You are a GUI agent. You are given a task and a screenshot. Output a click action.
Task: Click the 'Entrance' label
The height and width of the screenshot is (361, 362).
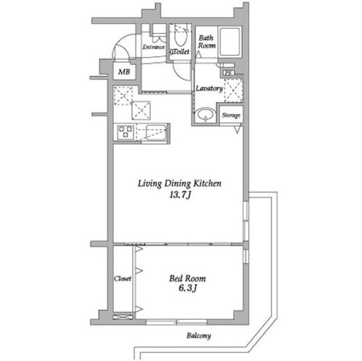[x=153, y=47]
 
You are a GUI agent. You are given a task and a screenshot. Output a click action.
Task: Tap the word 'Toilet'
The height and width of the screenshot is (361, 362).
[x=180, y=51]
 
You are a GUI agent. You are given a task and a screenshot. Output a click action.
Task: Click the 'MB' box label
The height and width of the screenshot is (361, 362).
[x=122, y=72]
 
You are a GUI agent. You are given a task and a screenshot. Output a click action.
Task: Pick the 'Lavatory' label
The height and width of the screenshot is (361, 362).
[x=209, y=89]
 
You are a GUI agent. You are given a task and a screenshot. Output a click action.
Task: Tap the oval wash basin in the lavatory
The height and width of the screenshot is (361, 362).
[x=204, y=116]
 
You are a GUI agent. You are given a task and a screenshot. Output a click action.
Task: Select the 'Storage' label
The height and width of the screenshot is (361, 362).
[x=231, y=116]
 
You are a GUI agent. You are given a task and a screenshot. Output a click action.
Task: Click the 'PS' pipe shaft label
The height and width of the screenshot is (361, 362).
[x=228, y=72]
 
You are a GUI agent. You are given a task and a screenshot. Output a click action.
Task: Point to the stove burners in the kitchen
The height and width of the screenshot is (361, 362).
[x=125, y=133]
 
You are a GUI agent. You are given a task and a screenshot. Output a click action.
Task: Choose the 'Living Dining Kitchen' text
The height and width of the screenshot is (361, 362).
[x=179, y=184]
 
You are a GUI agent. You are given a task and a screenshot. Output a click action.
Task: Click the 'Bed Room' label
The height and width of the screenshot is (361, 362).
[x=188, y=279]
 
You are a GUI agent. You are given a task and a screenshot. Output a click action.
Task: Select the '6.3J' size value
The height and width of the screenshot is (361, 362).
[x=188, y=290]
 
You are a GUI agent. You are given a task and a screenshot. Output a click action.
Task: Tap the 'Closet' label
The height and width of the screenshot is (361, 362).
[x=123, y=279]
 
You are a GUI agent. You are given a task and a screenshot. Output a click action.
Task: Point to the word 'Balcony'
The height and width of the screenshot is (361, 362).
[x=198, y=336]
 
